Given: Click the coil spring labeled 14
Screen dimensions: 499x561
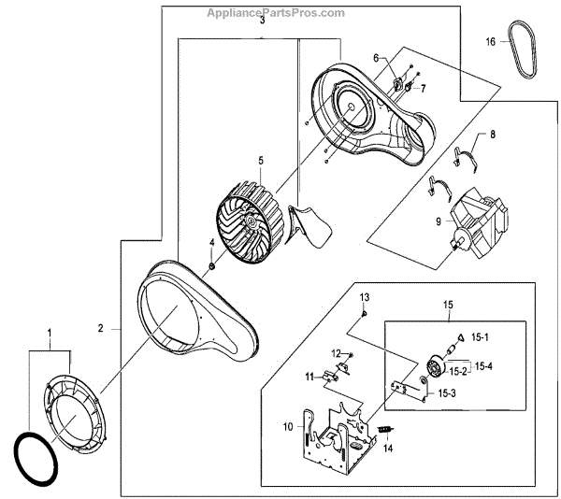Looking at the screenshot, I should coord(383,429).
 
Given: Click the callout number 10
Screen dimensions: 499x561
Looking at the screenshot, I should coord(289,427).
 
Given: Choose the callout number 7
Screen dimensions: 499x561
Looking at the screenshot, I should coord(422,89).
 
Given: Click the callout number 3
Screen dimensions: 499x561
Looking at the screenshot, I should coord(263,20).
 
